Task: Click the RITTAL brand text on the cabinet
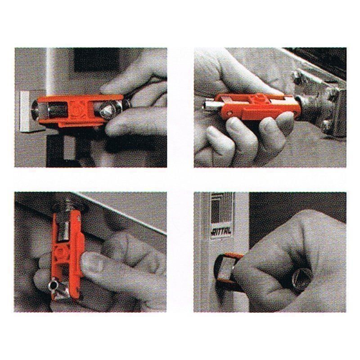(x=221, y=231)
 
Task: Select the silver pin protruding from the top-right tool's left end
(x=210, y=106)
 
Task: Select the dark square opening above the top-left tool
(x=94, y=61)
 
